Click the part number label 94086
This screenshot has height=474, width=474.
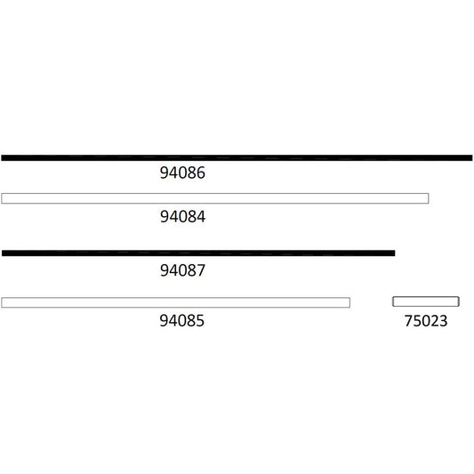tap(182, 174)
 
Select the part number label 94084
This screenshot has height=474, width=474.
tap(182, 216)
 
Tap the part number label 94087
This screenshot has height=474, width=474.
tap(182, 270)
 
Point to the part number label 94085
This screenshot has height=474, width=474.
tap(182, 321)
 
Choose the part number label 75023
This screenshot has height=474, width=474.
tap(425, 321)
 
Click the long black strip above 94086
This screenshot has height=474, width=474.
tap(237, 157)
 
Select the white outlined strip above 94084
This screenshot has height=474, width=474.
tap(214, 198)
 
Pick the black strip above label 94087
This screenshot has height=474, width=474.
tap(197, 253)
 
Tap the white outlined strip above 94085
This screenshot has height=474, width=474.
tap(175, 302)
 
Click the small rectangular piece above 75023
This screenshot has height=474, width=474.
tap(425, 301)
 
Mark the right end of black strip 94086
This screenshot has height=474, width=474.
tap(470, 157)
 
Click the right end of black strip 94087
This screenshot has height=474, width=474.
tap(392, 253)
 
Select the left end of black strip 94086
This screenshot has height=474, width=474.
tap(4, 157)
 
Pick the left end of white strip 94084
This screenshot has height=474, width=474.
tap(4, 198)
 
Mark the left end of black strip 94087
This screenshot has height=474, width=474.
tap(4, 253)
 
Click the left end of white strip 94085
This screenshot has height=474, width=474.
tap(4, 302)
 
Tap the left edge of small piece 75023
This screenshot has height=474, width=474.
tap(394, 301)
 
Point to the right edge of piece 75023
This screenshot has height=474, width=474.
tap(457, 301)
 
